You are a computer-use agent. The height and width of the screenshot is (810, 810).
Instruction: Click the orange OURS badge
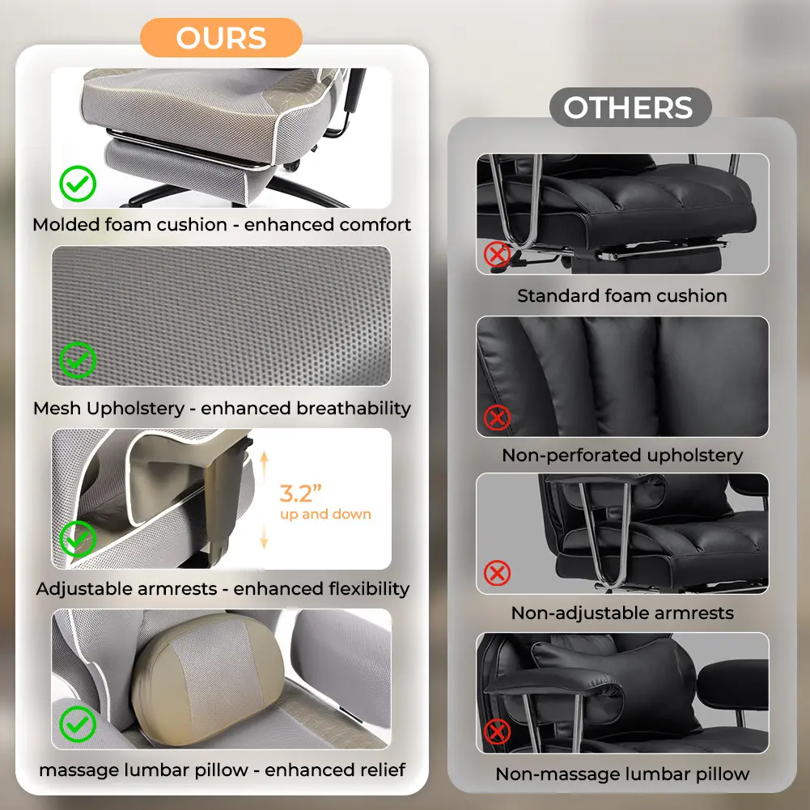[221, 38]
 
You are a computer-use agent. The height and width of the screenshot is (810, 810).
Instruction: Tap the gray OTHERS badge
[630, 108]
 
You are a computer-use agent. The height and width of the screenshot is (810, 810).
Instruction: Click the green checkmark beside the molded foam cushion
[78, 184]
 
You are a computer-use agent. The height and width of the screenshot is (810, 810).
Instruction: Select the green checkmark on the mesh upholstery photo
[78, 360]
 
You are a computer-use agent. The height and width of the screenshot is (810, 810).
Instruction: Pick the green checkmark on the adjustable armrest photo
[78, 539]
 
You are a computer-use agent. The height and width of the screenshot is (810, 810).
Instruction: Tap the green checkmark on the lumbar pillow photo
[78, 723]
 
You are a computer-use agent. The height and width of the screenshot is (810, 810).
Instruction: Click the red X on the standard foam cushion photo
[497, 255]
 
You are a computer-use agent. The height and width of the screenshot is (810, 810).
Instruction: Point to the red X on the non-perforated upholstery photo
[497, 418]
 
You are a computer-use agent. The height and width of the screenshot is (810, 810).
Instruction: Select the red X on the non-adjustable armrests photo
[497, 573]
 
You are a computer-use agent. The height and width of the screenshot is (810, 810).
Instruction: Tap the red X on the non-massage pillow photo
[497, 732]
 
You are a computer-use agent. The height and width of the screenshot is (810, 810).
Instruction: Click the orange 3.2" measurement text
[300, 494]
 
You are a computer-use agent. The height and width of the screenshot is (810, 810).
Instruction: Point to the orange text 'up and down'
[325, 514]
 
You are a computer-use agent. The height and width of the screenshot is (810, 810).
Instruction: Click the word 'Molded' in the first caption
[66, 225]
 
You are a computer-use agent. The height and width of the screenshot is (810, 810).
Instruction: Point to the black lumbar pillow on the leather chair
[615, 682]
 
